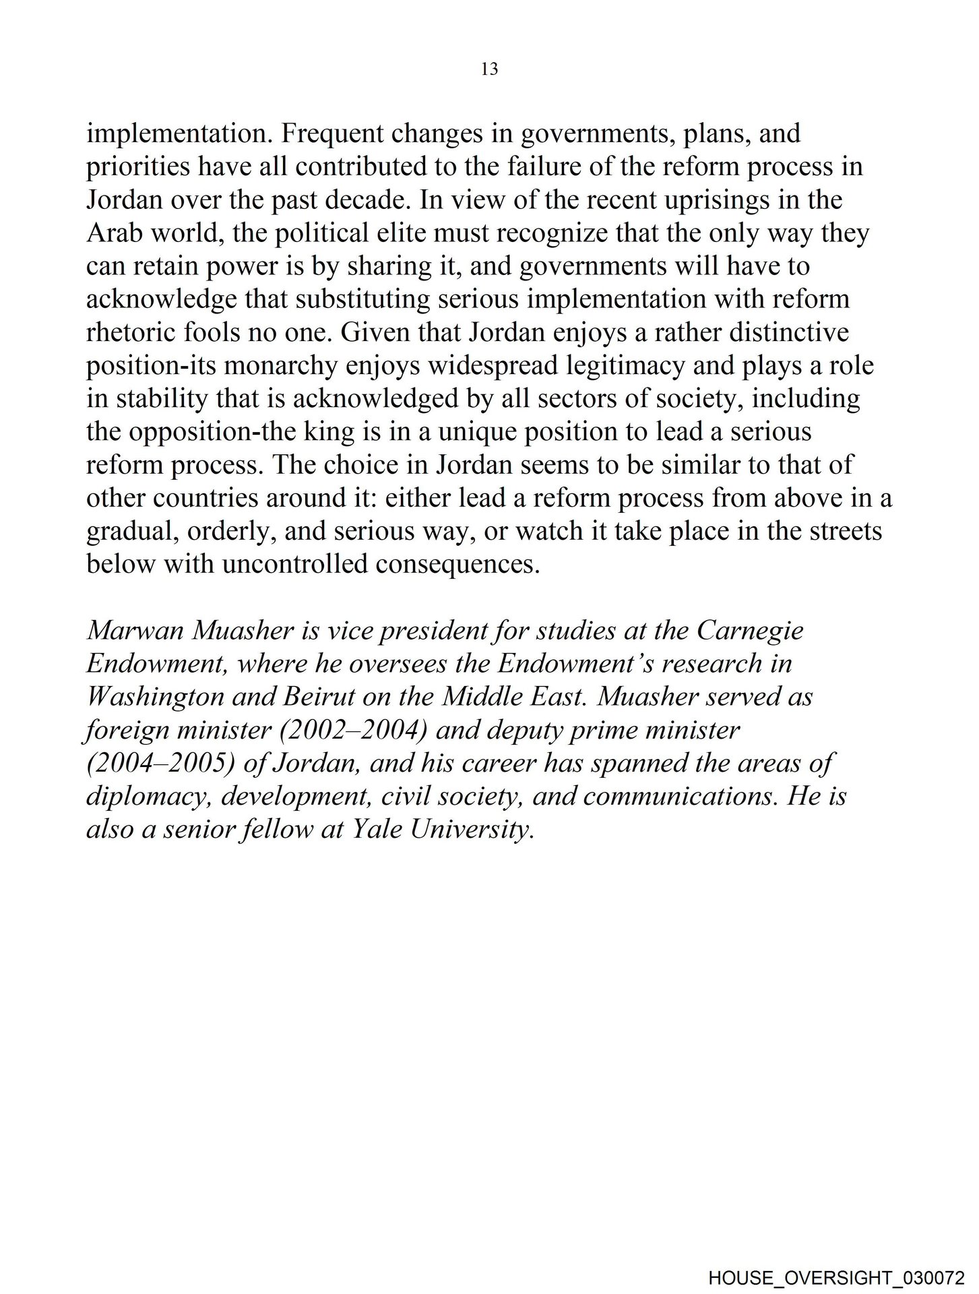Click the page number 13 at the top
[x=490, y=69]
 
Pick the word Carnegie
[x=750, y=631]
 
